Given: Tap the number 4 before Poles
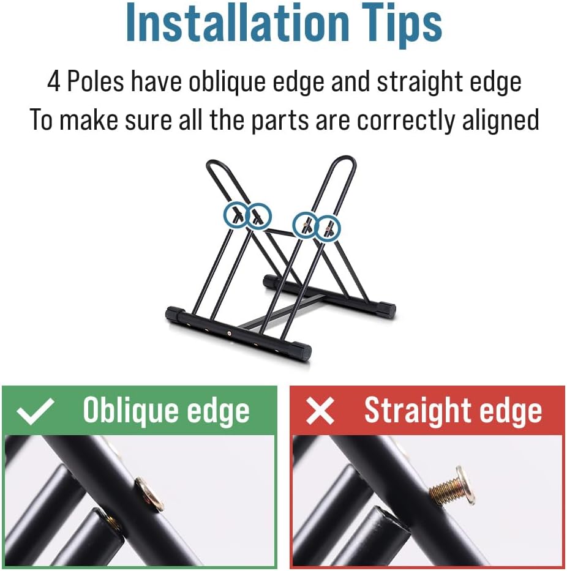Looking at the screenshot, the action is click(54, 81).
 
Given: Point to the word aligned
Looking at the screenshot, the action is click(500, 119).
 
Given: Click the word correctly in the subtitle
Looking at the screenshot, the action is click(407, 120).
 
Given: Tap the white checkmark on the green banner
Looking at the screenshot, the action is click(36, 411).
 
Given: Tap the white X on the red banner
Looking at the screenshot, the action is click(320, 411).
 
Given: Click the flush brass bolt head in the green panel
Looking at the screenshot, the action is click(149, 494).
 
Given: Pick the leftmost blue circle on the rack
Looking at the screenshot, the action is click(235, 215).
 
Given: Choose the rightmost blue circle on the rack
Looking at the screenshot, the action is click(328, 229).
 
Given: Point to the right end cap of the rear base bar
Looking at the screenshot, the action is click(388, 310).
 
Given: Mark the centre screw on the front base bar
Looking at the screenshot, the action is click(229, 332).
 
